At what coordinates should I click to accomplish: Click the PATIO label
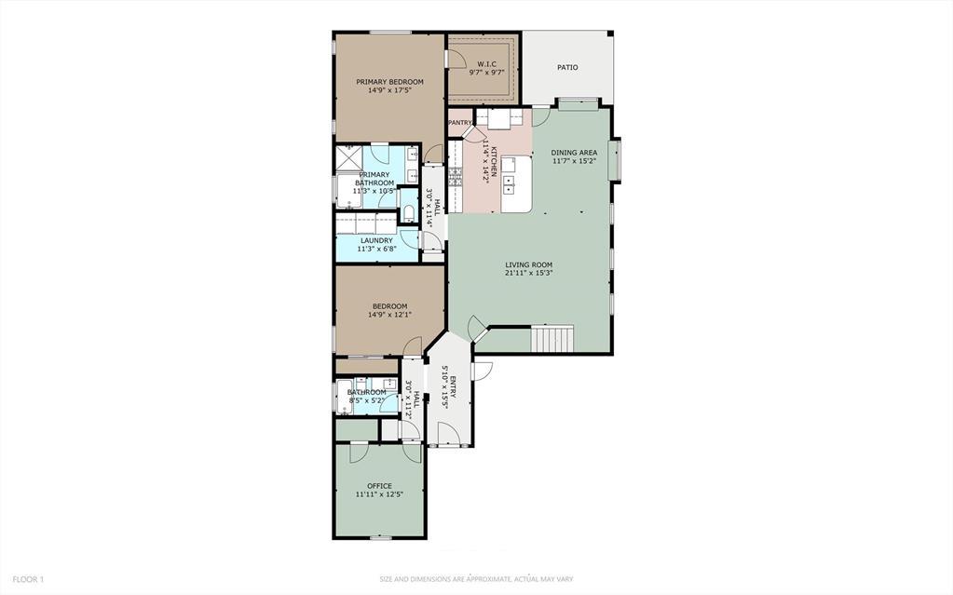(567, 67)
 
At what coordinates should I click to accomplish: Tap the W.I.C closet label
(486, 64)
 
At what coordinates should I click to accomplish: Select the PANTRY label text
(460, 123)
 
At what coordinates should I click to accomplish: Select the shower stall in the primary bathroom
(349, 159)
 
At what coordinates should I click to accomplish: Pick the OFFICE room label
(379, 486)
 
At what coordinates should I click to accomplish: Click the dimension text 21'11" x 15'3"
(529, 274)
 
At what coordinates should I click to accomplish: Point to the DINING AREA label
(574, 153)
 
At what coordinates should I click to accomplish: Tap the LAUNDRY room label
(375, 240)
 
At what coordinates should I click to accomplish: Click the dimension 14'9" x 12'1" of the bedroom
(389, 315)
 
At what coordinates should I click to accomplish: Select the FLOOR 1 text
(28, 579)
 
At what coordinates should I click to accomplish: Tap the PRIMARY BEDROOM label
(389, 82)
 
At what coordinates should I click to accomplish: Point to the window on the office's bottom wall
(379, 538)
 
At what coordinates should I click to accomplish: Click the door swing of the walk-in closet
(455, 58)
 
